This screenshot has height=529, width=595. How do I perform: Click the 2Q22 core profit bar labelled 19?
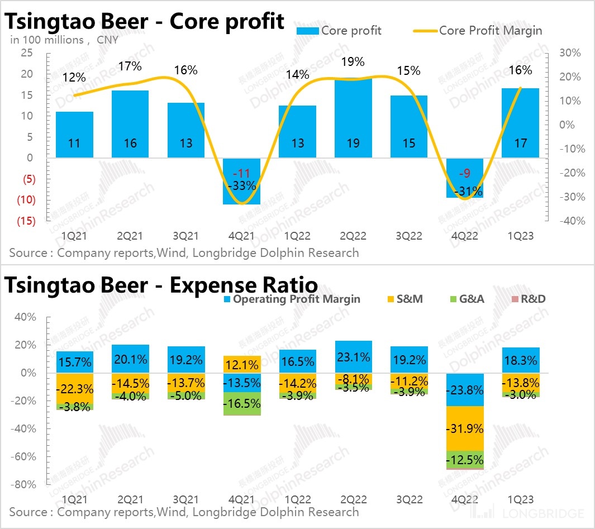click(353, 117)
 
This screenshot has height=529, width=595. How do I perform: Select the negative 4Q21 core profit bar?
click(241, 181)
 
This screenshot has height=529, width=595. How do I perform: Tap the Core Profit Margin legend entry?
click(478, 30)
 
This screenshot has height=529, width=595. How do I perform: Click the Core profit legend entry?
click(339, 30)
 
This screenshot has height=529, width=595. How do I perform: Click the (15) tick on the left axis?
click(25, 221)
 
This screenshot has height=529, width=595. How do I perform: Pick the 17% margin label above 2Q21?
click(130, 67)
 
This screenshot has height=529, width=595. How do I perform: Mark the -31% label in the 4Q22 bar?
click(465, 191)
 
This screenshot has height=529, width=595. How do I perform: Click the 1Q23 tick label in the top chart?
click(521, 236)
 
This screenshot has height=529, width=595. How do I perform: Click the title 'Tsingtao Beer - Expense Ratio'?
click(161, 285)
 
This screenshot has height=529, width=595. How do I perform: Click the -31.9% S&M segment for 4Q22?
click(465, 428)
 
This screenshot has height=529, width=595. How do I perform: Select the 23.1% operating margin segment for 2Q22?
click(353, 357)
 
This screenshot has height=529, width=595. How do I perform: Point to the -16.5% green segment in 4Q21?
click(241, 403)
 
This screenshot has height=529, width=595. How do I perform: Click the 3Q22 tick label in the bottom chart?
click(409, 499)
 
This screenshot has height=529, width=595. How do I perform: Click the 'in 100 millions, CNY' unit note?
click(64, 40)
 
